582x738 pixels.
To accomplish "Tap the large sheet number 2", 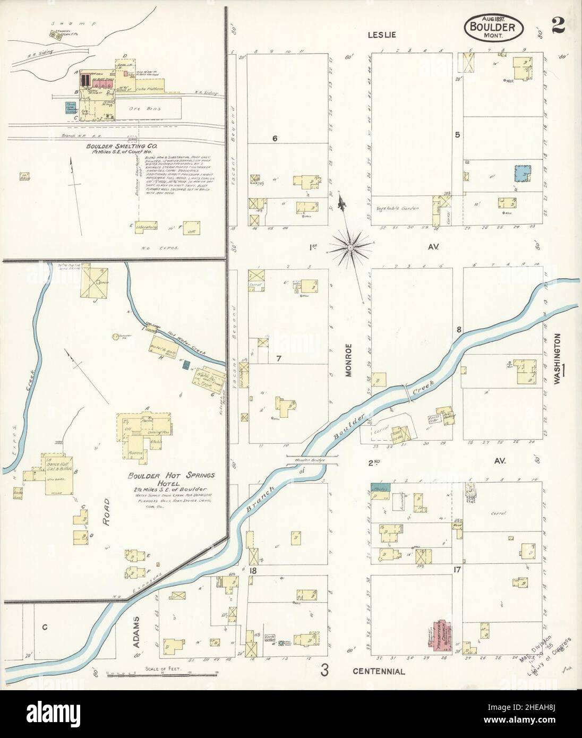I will tap(558, 23).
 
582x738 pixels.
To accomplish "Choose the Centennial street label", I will tap(379, 671).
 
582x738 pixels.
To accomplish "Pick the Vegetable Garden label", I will tap(397, 208).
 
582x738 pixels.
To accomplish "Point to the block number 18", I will tap(254, 571).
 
